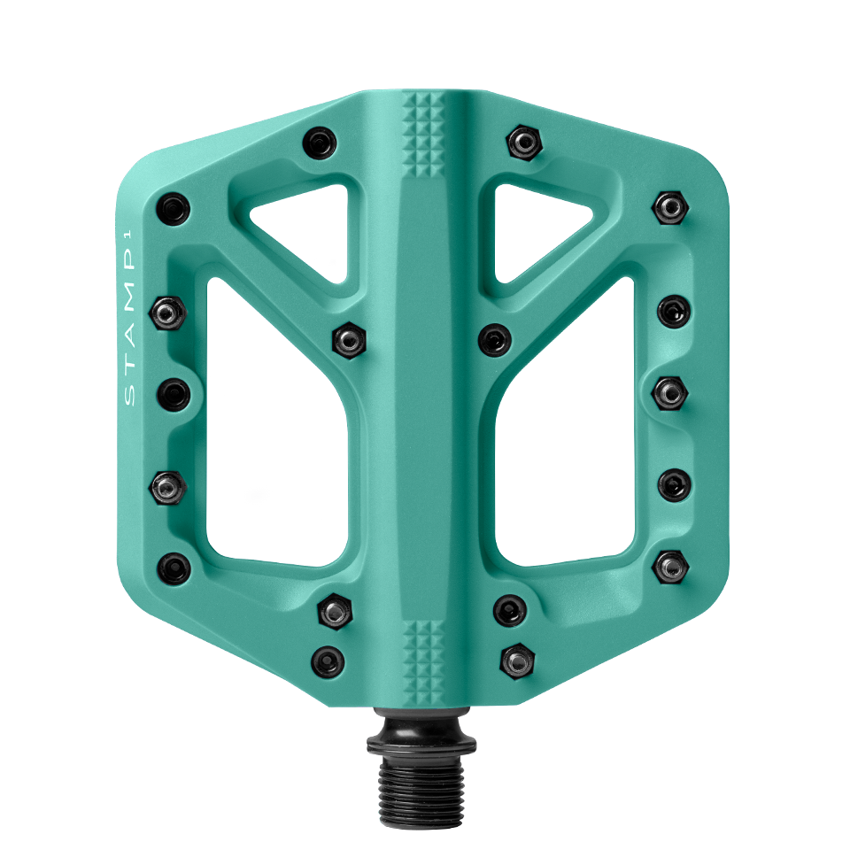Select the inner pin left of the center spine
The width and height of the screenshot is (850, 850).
[x=349, y=339]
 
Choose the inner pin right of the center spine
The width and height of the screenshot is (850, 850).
[x=494, y=339]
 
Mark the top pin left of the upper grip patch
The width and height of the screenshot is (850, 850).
[x=319, y=142]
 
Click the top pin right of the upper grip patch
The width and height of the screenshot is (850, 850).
[x=525, y=141]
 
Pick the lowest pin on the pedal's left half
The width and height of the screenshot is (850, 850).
[x=327, y=661]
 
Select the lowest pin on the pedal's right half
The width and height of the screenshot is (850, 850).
[x=516, y=659]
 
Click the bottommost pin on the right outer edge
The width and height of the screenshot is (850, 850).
[x=670, y=564]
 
